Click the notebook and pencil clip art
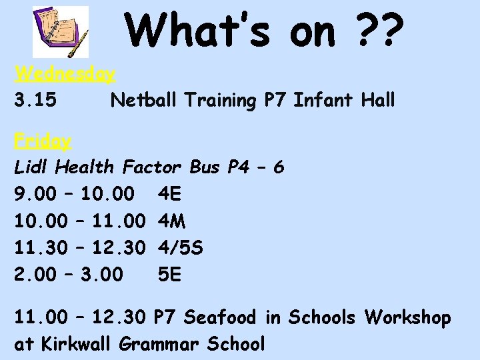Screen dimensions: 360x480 point(61,32)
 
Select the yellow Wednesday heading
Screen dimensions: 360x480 point(65,73)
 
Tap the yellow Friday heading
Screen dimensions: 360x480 point(43,141)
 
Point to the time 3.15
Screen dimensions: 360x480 point(35,101)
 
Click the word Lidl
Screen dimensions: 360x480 point(32,167)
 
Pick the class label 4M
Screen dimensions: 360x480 point(172,221)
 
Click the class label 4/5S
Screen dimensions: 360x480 point(181,248)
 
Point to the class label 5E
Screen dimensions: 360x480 point(169,275)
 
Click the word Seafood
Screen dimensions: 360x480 point(219,318)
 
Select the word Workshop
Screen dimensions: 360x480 point(407,318)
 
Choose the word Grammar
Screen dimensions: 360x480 point(160,345)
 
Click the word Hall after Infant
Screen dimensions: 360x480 point(378,101)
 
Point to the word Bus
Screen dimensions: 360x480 point(205,167)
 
